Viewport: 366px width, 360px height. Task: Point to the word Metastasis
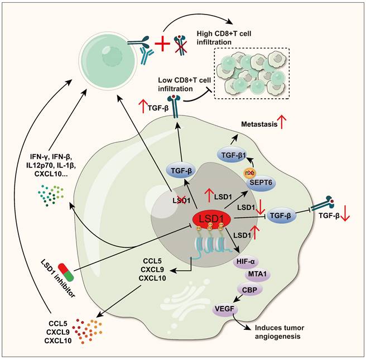pyautogui.click(x=258, y=124)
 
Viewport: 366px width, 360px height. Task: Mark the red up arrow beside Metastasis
pyautogui.click(x=285, y=124)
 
